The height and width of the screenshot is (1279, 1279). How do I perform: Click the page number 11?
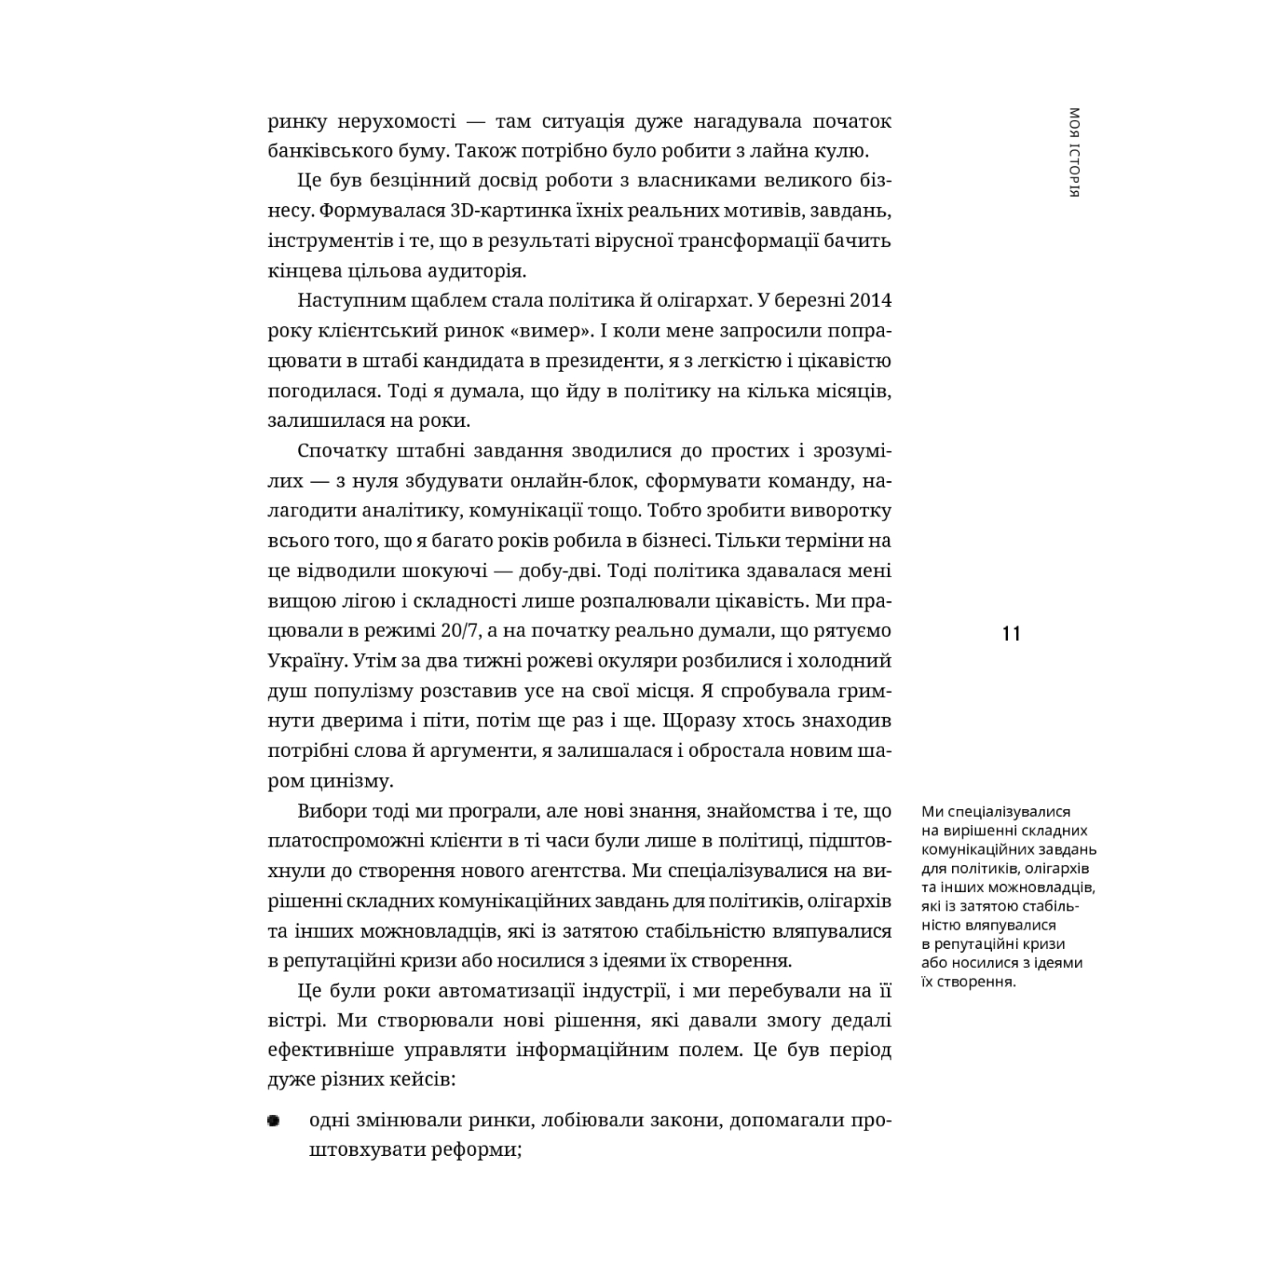click(x=1010, y=634)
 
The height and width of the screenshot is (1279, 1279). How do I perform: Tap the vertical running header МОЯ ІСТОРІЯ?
click(x=1074, y=152)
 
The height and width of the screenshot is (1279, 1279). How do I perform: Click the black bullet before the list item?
click(x=274, y=1122)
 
